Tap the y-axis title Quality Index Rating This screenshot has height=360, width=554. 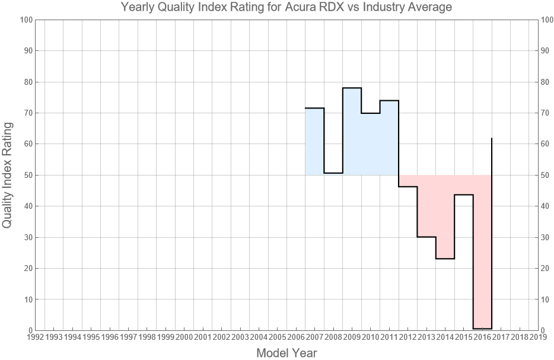(8, 175)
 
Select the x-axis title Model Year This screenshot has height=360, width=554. (286, 353)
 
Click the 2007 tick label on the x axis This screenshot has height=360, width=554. (314, 337)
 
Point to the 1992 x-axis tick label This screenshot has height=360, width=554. (35, 337)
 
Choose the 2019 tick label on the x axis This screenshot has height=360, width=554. (538, 337)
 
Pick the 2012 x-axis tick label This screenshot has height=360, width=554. (407, 337)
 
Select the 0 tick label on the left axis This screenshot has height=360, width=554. (28, 330)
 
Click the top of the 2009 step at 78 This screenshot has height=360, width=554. (352, 88)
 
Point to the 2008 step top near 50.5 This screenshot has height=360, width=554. (333, 173)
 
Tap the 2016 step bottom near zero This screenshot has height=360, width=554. (482, 329)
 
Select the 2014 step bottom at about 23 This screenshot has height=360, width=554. (445, 259)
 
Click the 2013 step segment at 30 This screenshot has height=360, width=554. (426, 237)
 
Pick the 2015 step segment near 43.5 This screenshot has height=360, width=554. (464, 195)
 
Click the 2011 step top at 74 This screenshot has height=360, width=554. (389, 101)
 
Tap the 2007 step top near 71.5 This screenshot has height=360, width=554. (314, 108)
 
